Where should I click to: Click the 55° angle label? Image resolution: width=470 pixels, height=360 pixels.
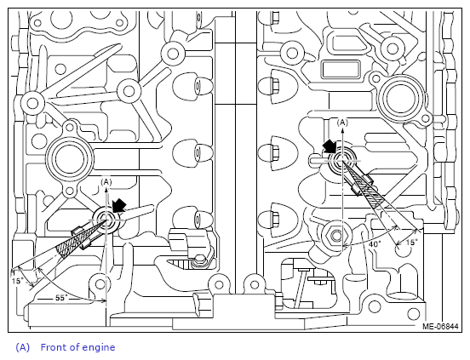tap(62, 298)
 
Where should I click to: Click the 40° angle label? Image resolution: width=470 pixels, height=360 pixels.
tap(375, 243)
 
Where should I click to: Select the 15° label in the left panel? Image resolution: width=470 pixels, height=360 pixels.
tap(18, 281)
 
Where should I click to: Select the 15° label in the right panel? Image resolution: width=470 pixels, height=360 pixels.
tap(412, 242)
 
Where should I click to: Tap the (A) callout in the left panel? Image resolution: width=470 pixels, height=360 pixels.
tap(106, 182)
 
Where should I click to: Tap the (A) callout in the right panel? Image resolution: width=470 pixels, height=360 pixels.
tap(342, 123)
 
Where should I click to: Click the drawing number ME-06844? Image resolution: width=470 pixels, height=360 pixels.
tap(440, 326)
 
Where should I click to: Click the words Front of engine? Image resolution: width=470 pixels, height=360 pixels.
tap(77, 347)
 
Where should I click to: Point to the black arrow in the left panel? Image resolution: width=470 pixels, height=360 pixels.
tap(119, 205)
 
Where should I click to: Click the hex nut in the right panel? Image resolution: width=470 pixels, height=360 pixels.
tap(335, 236)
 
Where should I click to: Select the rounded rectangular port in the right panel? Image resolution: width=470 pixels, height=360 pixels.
tap(341, 69)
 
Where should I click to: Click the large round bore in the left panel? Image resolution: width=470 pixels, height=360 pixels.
tap(70, 158)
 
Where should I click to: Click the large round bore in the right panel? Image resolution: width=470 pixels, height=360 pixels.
tap(401, 98)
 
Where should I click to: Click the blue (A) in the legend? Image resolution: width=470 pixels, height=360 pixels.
tap(23, 347)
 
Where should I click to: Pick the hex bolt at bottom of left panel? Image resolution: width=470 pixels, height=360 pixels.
tap(199, 260)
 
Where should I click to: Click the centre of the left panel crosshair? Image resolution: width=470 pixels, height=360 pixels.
tap(106, 220)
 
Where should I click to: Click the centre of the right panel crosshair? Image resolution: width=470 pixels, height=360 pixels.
tap(342, 160)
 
